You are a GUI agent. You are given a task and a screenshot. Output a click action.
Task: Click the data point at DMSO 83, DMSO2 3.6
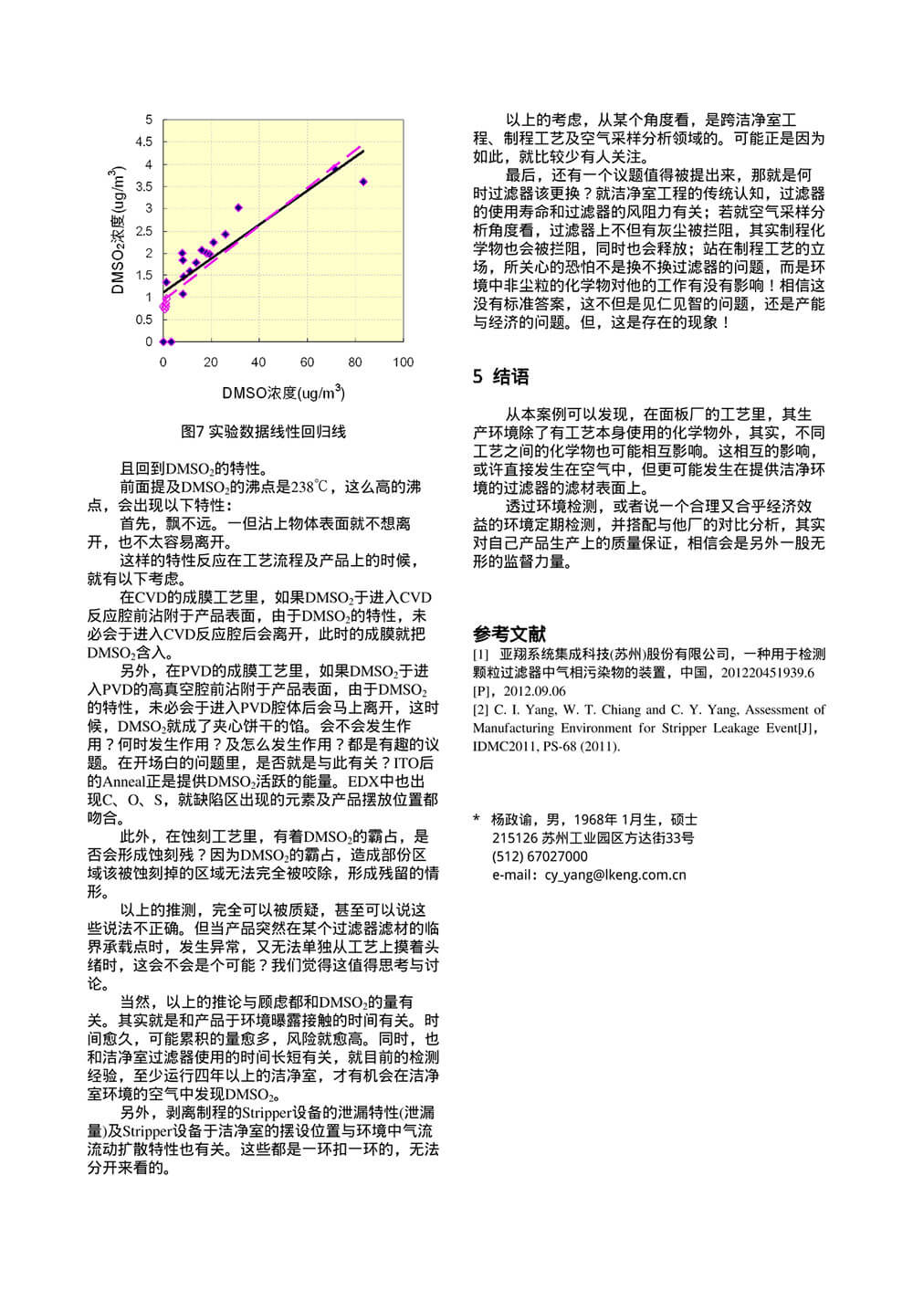[362, 183]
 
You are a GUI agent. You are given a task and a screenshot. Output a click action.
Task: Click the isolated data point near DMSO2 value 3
[238, 208]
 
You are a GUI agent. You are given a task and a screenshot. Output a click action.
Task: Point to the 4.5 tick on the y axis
[144, 142]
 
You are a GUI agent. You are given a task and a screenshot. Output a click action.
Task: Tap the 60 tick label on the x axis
[307, 362]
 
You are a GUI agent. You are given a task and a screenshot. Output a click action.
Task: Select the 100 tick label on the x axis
[403, 362]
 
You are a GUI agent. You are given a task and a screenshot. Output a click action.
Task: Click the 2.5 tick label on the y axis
[144, 230]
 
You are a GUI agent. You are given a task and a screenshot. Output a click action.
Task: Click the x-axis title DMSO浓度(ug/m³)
[283, 394]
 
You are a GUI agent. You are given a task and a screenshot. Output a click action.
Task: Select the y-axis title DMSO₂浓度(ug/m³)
[117, 231]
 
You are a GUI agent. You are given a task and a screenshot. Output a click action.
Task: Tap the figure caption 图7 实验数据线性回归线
[264, 432]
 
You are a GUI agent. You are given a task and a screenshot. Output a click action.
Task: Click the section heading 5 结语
[500, 377]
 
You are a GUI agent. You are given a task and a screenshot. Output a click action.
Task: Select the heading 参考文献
[509, 634]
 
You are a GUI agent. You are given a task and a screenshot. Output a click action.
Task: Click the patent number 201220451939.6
[768, 673]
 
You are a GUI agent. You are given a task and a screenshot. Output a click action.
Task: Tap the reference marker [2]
[480, 709]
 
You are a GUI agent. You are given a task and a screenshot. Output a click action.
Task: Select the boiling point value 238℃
[309, 488]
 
